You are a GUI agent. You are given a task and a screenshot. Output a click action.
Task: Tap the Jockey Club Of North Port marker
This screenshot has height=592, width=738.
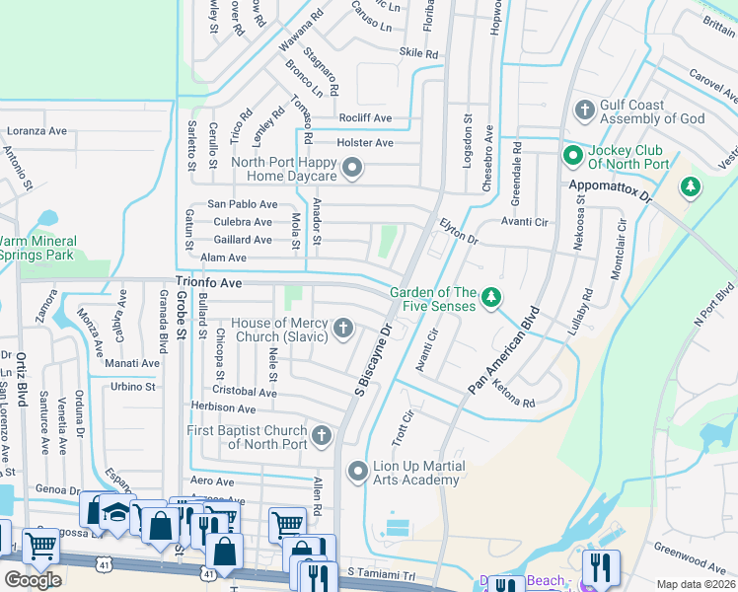pyautogui.click(x=571, y=155)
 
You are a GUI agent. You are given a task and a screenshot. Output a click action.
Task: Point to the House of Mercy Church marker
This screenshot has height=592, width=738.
pyautogui.click(x=343, y=328)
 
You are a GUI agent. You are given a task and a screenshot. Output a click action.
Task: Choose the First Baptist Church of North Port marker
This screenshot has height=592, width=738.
pyautogui.click(x=322, y=435)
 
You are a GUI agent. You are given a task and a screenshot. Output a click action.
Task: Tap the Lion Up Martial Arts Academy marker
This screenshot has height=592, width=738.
pyautogui.click(x=358, y=472)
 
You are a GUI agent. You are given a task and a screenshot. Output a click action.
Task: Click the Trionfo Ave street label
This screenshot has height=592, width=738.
pyautogui.click(x=209, y=282)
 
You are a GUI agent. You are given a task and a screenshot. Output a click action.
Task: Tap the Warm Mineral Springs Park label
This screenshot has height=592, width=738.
pyautogui.click(x=37, y=248)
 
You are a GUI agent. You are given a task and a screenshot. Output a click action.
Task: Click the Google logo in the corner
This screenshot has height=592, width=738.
pyautogui.click(x=33, y=579)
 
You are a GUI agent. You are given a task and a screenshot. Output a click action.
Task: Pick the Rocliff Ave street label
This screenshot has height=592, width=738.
pyautogui.click(x=365, y=118)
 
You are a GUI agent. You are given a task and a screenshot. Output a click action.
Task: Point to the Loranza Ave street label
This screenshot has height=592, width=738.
pyautogui.click(x=37, y=130)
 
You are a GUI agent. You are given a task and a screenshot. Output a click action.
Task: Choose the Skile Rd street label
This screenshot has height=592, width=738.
pyautogui.click(x=418, y=53)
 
